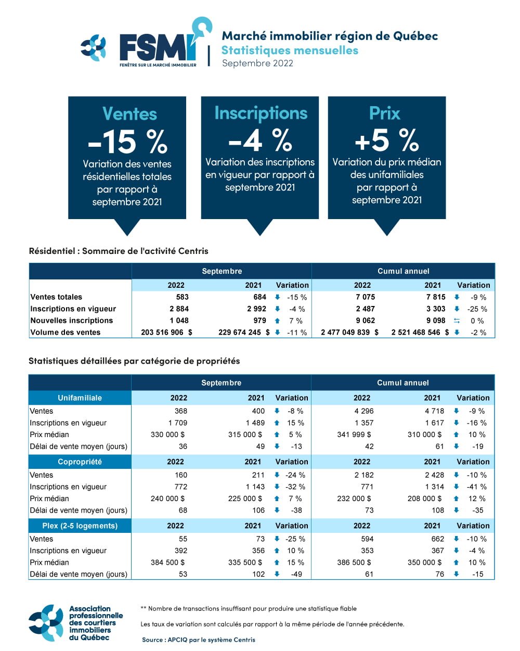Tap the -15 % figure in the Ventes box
tap(127, 141)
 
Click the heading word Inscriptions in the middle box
tap(261, 113)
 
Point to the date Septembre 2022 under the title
tap(257, 63)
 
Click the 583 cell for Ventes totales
tap(182, 297)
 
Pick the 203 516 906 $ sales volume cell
tap(166, 333)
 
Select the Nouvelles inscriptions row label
tap(72, 321)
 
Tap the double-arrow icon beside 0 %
tap(457, 321)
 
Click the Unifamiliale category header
tap(80, 398)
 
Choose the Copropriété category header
tap(80, 462)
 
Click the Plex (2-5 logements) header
tap(80, 526)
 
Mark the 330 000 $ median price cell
tap(167, 435)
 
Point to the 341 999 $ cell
tap(354, 435)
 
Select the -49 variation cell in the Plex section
tap(296, 575)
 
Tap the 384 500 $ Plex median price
tap(167, 563)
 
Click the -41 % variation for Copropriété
tap(476, 487)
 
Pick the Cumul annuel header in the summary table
tap(403, 271)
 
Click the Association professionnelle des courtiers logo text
tap(96, 623)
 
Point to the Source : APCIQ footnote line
tap(199, 640)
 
